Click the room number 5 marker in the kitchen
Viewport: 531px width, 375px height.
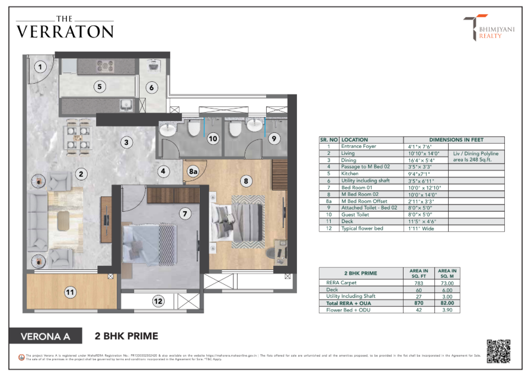click(100, 87)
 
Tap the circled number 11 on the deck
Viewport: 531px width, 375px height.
click(70, 291)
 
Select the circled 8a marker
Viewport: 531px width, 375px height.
click(193, 171)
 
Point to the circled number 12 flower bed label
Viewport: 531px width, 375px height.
click(158, 301)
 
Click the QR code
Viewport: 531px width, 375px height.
click(498, 351)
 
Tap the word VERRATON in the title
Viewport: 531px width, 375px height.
click(65, 31)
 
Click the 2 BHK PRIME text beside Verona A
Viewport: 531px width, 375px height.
click(127, 336)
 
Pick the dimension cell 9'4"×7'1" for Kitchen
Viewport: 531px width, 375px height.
click(419, 173)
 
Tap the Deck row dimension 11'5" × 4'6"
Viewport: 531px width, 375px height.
click(421, 221)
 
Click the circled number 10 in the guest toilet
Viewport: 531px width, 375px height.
click(213, 138)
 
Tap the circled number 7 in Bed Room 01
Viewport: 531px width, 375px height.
click(185, 212)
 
